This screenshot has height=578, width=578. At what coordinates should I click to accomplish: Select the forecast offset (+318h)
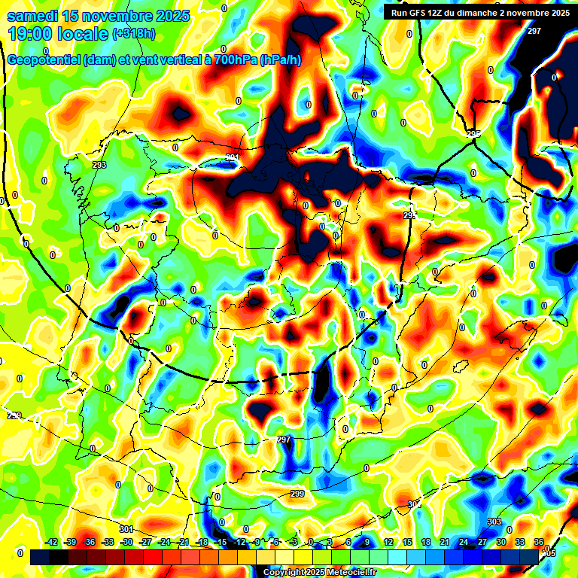pyautogui.click(x=135, y=34)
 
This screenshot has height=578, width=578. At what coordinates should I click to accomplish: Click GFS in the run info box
pyautogui.click(x=418, y=12)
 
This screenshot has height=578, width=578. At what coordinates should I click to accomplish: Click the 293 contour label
pyautogui.click(x=99, y=164)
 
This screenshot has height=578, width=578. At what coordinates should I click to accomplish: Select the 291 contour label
pyautogui.click(x=233, y=157)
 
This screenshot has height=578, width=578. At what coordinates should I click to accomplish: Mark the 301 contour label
pyautogui.click(x=126, y=529)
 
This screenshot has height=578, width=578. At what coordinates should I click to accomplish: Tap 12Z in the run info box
pyautogui.click(x=440, y=12)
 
